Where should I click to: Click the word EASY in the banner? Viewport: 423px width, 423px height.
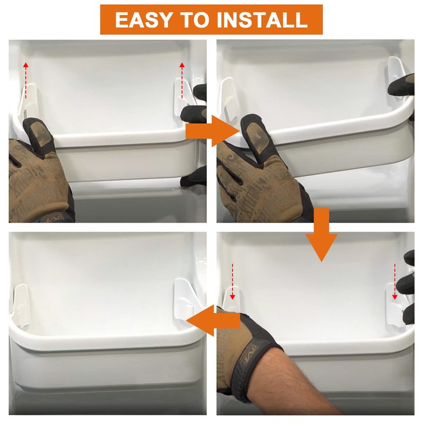(143, 20)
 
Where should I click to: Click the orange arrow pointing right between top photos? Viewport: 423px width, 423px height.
(213, 131)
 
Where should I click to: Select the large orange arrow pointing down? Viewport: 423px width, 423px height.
(321, 234)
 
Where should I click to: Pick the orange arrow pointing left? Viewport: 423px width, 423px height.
(213, 321)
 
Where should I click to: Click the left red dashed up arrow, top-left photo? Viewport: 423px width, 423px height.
(25, 80)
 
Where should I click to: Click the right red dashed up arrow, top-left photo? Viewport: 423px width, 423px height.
(182, 80)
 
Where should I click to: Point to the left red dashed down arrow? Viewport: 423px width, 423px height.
(233, 281)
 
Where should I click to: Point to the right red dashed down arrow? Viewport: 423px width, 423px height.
(394, 281)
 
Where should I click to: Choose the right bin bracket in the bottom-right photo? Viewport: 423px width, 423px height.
(394, 305)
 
